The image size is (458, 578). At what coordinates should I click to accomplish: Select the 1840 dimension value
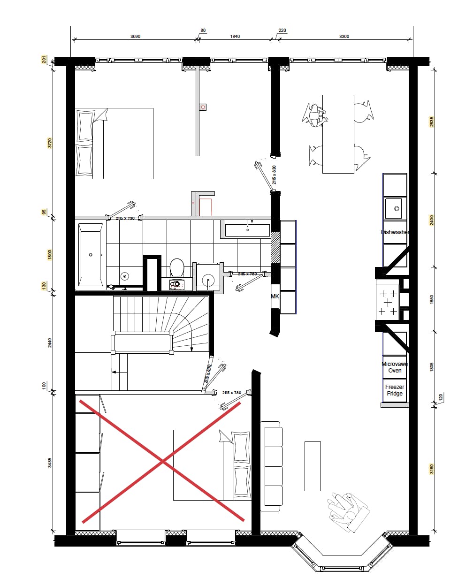[235, 37]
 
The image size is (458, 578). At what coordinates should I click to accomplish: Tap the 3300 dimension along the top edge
[344, 37]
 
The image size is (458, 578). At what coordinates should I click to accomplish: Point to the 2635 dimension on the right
[432, 122]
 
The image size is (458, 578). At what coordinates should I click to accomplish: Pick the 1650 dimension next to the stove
[432, 299]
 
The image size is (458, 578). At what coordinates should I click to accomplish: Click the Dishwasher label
[395, 232]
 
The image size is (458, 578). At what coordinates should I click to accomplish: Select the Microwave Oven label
[395, 367]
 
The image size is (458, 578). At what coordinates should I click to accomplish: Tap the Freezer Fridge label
[395, 390]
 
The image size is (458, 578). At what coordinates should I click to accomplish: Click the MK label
[275, 297]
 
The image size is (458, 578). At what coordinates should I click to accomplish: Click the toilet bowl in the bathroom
[177, 268]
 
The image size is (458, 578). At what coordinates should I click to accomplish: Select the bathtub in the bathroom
[91, 255]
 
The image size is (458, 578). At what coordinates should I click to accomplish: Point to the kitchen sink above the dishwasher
[395, 208]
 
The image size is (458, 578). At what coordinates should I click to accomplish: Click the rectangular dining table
[338, 134]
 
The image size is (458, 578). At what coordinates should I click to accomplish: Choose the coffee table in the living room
[313, 466]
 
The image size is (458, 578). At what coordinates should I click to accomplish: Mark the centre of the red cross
[163, 462]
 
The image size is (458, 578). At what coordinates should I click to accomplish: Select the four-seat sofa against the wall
[273, 466]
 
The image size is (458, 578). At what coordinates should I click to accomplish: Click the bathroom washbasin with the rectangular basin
[247, 230]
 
